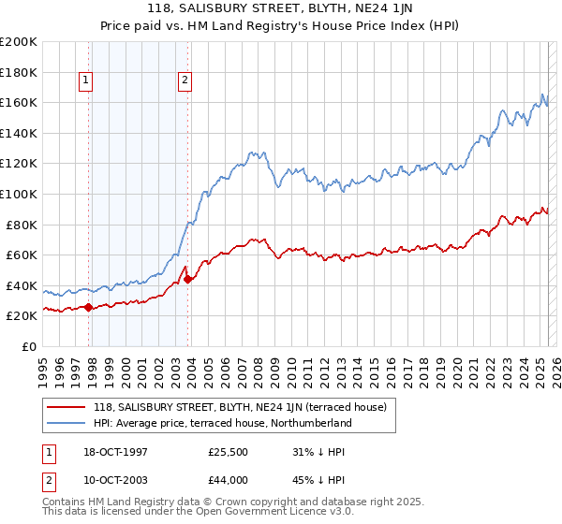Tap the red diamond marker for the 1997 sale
tap(88, 307)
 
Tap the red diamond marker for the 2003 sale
tap(187, 279)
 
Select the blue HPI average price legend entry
tap(222, 423)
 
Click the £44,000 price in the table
tap(228, 480)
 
